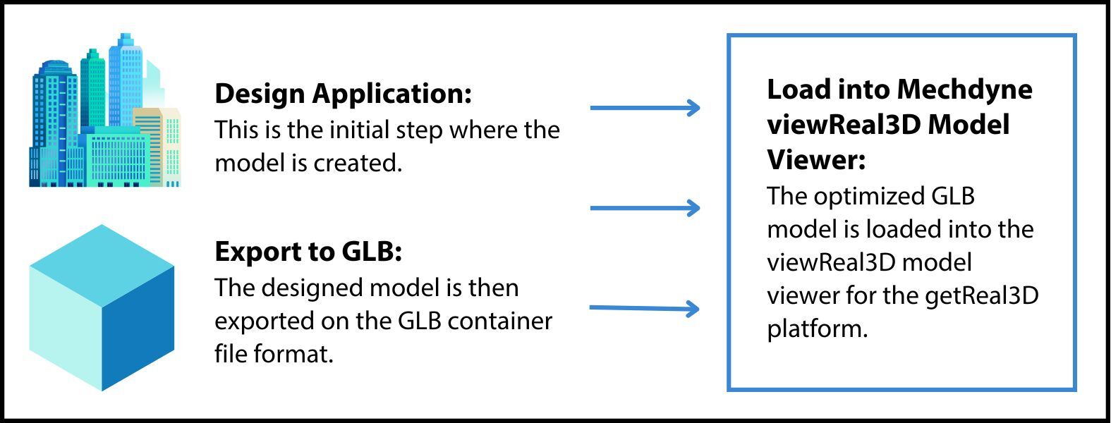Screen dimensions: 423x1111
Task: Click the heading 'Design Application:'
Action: coord(343,94)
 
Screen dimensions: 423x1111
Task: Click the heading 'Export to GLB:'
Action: coord(308,252)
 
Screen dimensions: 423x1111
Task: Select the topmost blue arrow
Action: coord(644,108)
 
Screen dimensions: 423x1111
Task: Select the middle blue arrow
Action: coord(644,208)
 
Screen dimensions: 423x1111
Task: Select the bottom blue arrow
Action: coord(644,308)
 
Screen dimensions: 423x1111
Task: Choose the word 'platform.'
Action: coord(817,329)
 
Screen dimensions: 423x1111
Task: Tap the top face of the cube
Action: coord(102,264)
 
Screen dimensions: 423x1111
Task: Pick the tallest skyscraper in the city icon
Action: coord(126,78)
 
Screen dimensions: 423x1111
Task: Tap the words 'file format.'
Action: coord(274,353)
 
